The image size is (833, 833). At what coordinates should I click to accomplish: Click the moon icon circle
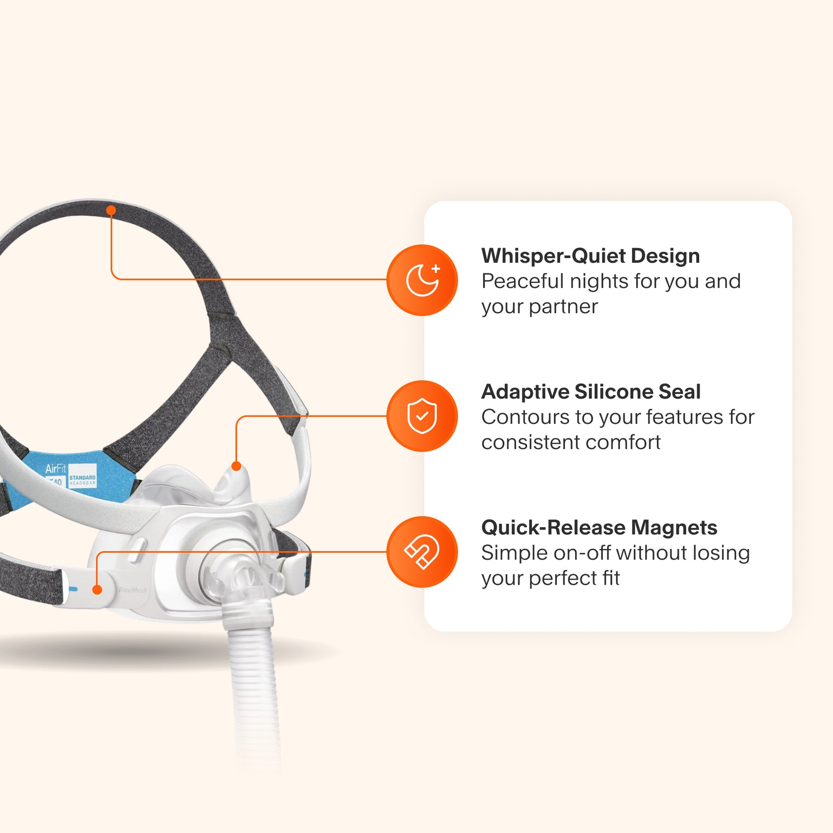422,280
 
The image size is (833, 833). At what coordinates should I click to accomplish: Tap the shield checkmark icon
422,416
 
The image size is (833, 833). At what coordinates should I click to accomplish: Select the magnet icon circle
422,552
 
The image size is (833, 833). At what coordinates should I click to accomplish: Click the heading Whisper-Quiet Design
590,256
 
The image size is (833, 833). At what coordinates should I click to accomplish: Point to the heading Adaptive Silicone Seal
591,392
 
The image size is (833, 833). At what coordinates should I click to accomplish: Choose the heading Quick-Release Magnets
599,528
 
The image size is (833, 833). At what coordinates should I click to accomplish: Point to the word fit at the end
610,578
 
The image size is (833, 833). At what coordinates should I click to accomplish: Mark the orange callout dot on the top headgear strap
111,210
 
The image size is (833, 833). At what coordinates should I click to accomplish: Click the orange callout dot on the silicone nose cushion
237,466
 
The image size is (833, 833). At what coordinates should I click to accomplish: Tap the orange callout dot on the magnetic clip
98,590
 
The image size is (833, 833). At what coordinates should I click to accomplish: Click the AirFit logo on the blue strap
56,469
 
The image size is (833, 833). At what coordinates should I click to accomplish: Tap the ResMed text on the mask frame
132,590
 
